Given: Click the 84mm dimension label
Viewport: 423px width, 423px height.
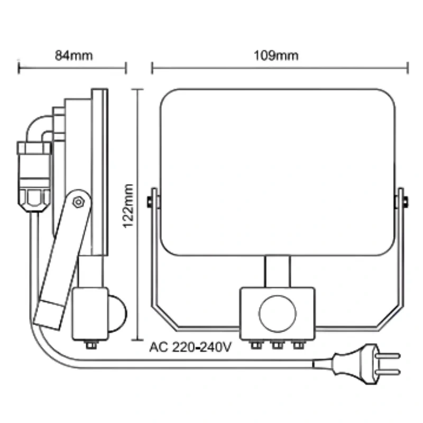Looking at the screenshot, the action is [73, 56].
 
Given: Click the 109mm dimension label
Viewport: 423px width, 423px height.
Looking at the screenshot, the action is [276, 56].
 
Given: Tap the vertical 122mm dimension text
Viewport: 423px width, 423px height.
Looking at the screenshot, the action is [128, 206].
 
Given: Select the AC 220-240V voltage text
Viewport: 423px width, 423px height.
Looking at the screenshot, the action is [190, 347].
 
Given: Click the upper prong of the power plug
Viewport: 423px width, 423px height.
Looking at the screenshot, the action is [388, 355].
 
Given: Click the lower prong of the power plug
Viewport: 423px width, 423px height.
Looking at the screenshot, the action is [388, 372].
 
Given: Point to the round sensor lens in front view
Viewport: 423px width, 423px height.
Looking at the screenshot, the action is [277, 314].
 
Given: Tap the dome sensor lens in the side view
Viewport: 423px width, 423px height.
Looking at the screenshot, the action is [117, 314].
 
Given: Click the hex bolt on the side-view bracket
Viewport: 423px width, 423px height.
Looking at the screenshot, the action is [78, 202].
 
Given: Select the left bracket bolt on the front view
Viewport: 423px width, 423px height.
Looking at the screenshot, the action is [150, 202].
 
